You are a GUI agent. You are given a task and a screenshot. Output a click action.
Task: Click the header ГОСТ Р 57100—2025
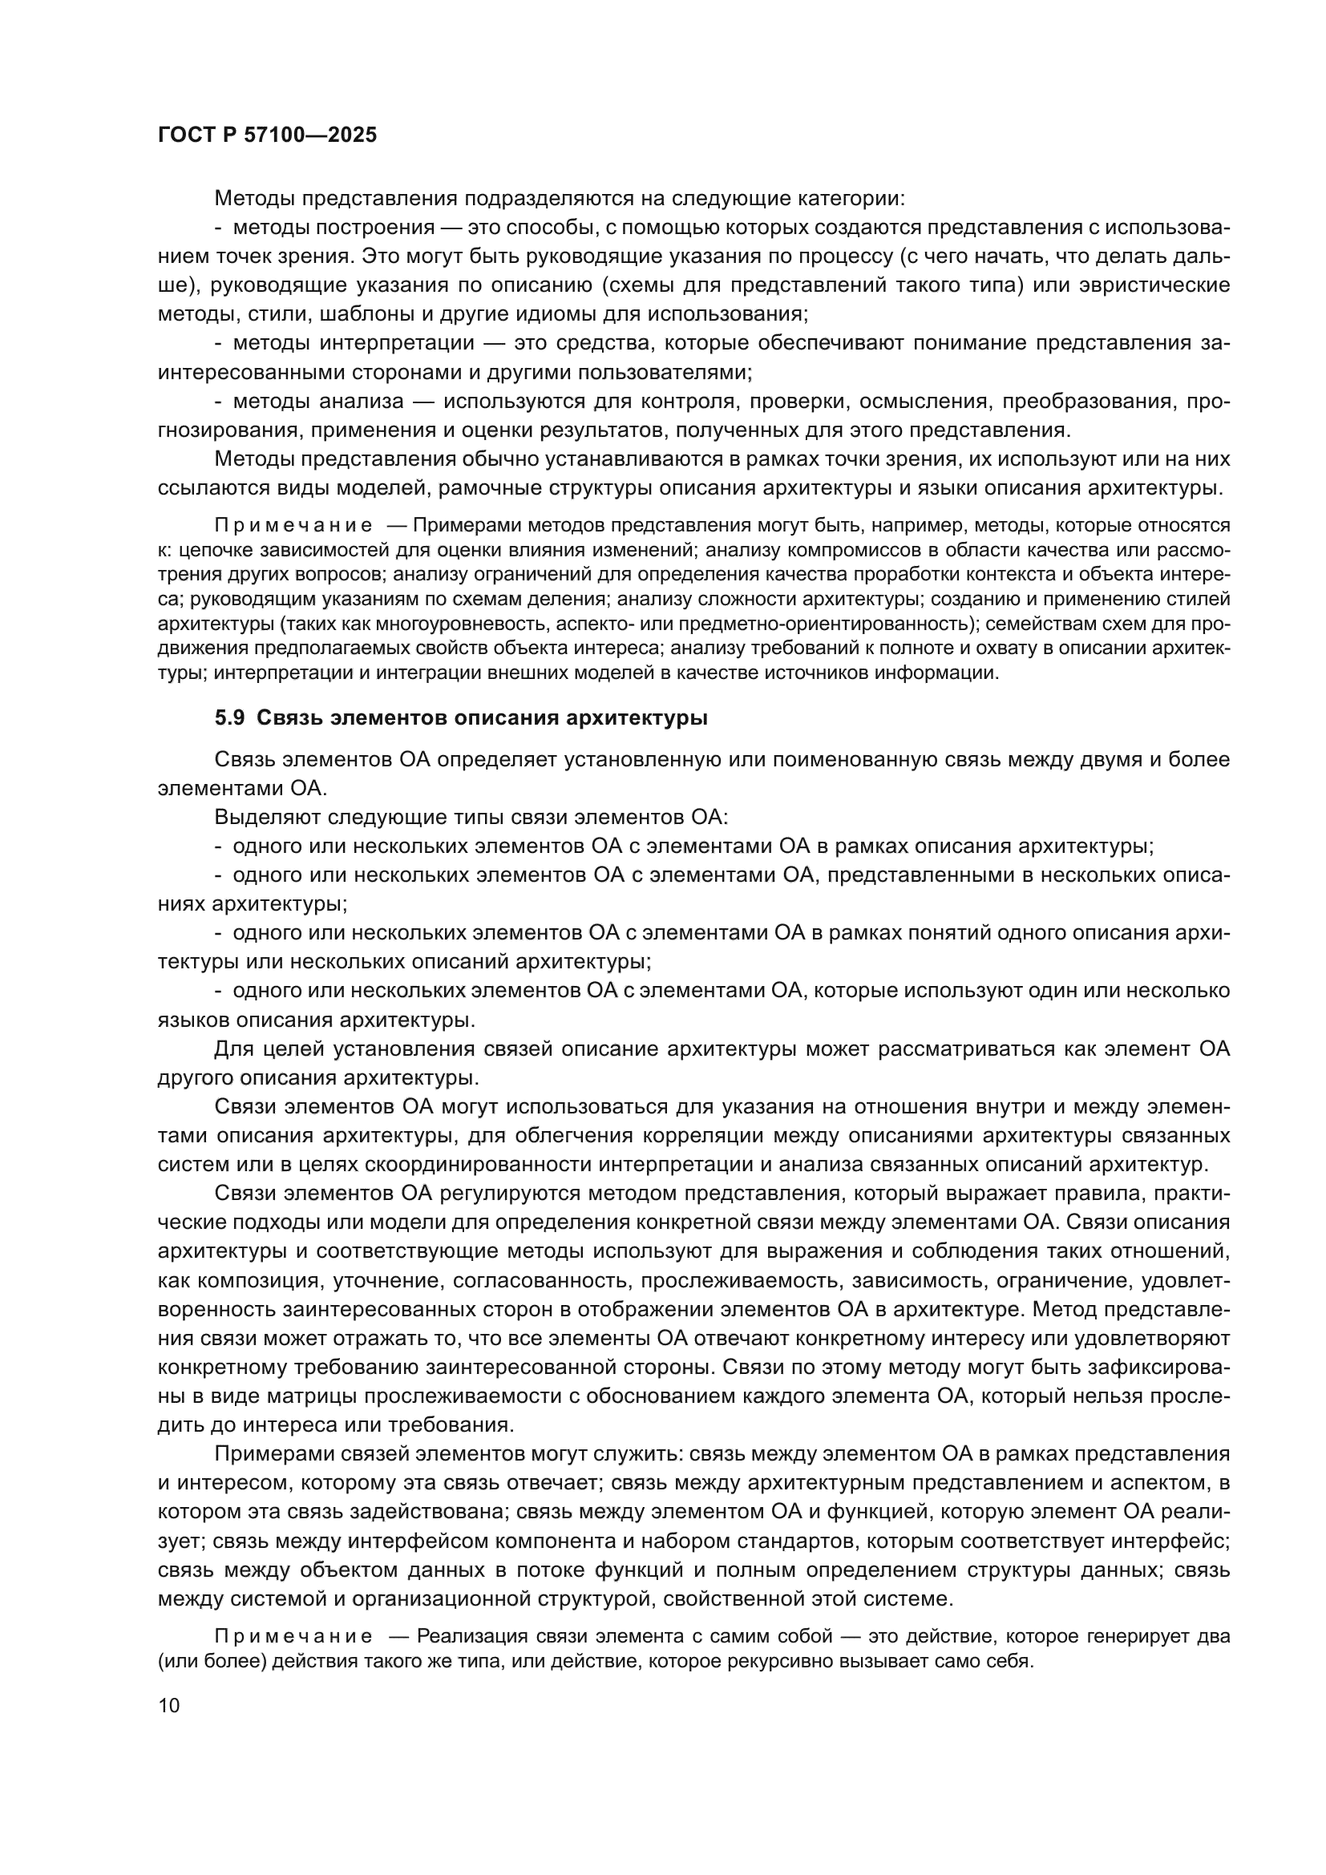pos(267,135)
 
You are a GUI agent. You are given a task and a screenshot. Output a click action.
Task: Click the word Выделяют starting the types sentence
pos(267,818)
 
